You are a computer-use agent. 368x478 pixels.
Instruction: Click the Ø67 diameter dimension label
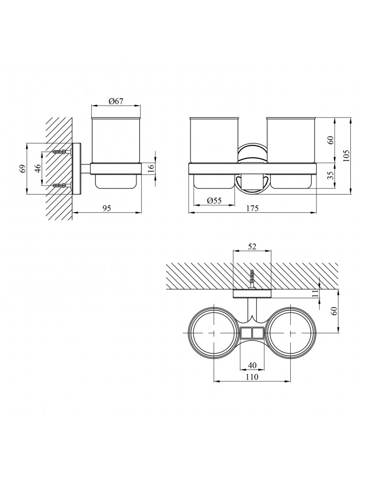[x=116, y=101]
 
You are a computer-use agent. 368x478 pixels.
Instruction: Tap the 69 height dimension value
[x=22, y=168]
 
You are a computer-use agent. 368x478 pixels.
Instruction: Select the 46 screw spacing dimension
[x=38, y=168]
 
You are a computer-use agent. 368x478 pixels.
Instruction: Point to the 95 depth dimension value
[x=107, y=208]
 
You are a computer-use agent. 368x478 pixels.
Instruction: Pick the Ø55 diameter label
[x=214, y=200]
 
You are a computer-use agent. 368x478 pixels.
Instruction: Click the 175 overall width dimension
[x=252, y=208]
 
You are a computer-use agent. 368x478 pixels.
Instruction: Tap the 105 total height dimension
[x=347, y=156]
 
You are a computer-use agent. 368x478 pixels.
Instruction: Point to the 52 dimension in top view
[x=252, y=247]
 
